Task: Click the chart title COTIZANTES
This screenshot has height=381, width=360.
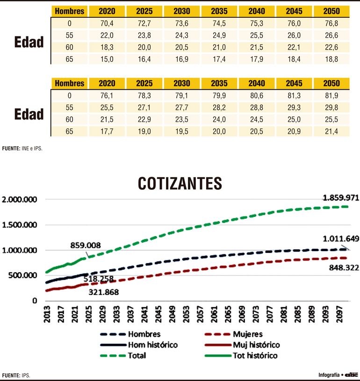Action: (180, 184)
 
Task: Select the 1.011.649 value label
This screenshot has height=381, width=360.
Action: (340, 239)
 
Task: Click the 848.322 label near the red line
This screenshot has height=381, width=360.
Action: (341, 267)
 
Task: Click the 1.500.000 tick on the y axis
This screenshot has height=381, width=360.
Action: (20, 225)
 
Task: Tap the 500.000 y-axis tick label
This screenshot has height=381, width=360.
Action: (23, 275)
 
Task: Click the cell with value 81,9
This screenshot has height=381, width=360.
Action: (331, 96)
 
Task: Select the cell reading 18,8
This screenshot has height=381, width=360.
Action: (331, 59)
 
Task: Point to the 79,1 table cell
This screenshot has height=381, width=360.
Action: (182, 96)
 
